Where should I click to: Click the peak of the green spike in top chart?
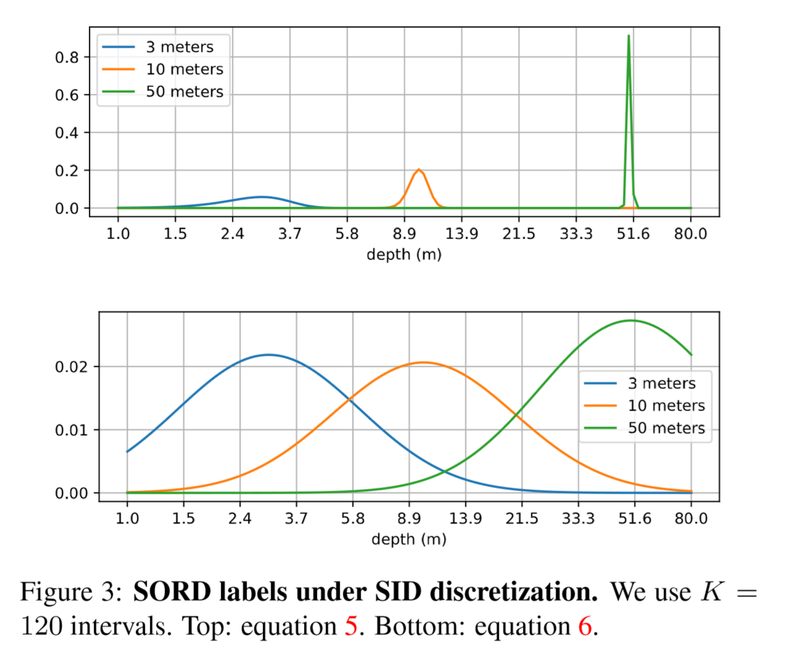point(628,36)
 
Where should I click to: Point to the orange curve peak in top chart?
point(419,169)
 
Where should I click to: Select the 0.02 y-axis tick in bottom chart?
point(71,367)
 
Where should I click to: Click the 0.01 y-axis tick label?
point(71,430)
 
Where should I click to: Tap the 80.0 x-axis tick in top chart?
point(690,234)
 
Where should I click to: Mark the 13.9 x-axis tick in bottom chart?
point(465,519)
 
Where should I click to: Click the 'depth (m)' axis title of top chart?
point(404,255)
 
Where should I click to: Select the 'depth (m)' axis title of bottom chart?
point(409,539)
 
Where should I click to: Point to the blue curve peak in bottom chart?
point(268,355)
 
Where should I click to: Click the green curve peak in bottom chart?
point(631,320)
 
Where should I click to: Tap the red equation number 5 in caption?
point(351,627)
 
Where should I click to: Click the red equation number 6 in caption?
point(585,627)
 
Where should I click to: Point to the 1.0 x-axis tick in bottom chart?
point(127,519)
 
